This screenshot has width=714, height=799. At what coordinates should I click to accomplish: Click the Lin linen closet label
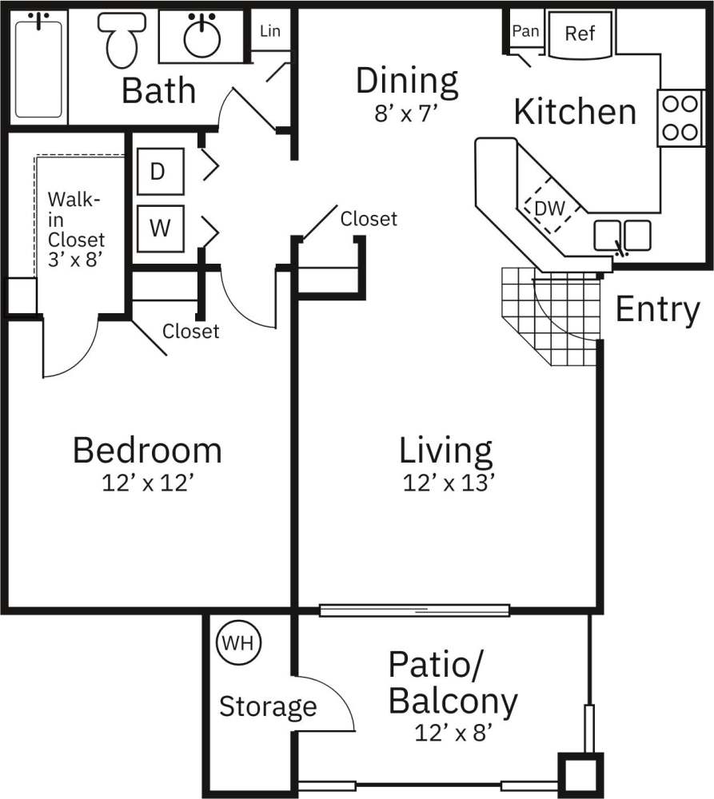coord(270,32)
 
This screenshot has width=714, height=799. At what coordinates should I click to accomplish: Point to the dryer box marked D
coord(159,172)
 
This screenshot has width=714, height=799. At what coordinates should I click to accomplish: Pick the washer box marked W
coord(160,228)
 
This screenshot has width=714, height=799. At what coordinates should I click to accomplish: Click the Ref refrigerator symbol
coord(579,34)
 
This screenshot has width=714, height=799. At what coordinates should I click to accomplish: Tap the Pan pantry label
coord(525,32)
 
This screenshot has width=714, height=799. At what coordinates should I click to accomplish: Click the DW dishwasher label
coord(549,209)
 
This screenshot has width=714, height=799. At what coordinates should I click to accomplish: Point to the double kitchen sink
coord(622,235)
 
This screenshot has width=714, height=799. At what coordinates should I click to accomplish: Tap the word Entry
coord(657,310)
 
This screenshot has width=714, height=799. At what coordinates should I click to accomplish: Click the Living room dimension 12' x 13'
coord(445,483)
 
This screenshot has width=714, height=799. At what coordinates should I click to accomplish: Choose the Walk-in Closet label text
coord(75,228)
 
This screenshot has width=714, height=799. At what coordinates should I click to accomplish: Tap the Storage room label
coord(268,706)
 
